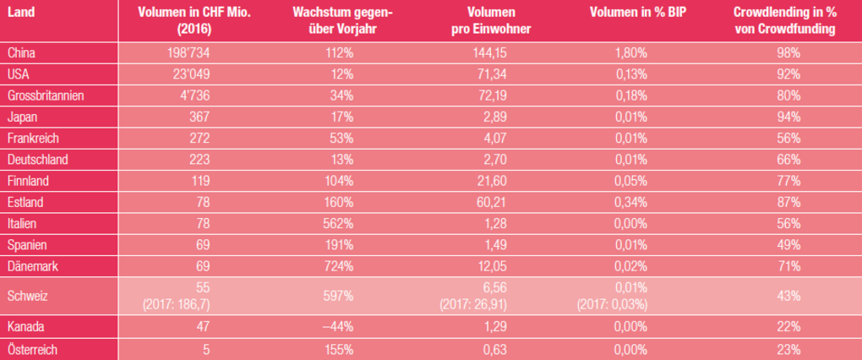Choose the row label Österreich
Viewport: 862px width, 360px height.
click(31, 348)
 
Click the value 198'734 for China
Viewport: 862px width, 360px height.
click(189, 52)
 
